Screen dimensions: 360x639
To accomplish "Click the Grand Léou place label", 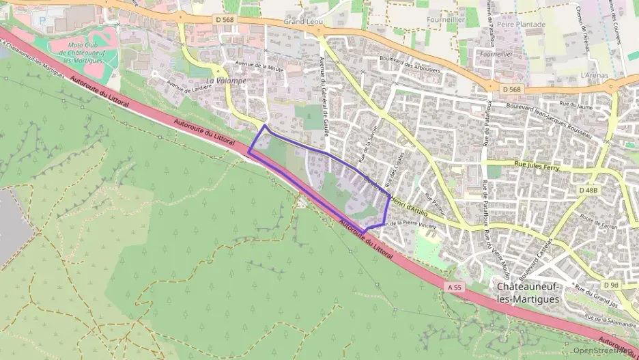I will (303, 22).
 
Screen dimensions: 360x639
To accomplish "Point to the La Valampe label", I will (226, 80).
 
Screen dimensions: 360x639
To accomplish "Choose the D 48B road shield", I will (588, 190).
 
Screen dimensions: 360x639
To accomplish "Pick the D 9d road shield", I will (611, 284).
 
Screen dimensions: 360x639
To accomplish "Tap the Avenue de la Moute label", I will (259, 68).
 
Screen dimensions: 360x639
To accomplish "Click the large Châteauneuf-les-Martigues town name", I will (528, 292).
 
